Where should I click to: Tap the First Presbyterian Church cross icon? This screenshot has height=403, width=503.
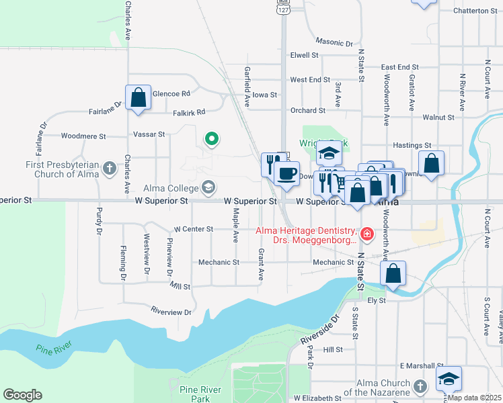[110, 171]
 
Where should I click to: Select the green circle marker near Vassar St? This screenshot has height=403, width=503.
[211, 139]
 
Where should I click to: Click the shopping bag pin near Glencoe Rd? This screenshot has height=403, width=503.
[138, 97]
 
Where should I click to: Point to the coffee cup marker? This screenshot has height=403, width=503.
[287, 173]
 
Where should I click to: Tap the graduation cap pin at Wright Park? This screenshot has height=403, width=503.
[330, 154]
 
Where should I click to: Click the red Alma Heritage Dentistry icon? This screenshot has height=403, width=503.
[367, 234]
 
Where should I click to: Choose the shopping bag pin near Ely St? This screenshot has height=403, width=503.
[393, 273]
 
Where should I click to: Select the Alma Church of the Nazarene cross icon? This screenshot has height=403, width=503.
[420, 386]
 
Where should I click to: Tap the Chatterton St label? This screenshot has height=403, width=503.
[475, 11]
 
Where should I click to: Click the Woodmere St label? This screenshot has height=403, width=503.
[83, 136]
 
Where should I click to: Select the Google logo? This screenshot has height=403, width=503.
[22, 395]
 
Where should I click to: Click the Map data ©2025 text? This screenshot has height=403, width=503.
[474, 398]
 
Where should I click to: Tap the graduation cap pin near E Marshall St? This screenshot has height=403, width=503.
[449, 379]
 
